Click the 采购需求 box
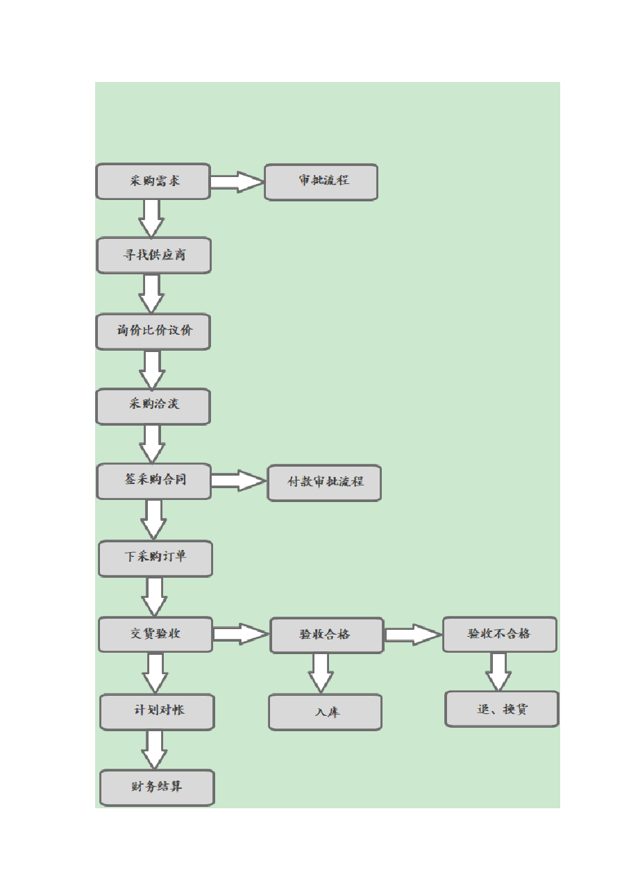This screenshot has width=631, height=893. click(x=153, y=181)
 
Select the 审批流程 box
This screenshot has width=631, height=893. click(x=321, y=182)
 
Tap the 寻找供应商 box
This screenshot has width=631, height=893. click(x=154, y=255)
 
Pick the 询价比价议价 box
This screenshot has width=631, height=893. click(x=153, y=332)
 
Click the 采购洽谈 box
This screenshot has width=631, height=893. click(x=153, y=406)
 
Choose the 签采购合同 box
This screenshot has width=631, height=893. click(x=154, y=481)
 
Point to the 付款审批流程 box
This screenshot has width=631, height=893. click(x=324, y=483)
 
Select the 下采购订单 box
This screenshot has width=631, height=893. click(x=155, y=558)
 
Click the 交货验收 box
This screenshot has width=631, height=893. click(x=155, y=634)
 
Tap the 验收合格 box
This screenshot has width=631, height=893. click(x=327, y=635)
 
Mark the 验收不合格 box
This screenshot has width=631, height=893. click(x=500, y=634)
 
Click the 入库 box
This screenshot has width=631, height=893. click(x=326, y=712)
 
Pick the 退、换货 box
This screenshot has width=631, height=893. click(x=502, y=709)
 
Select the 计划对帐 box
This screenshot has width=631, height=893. click(x=157, y=712)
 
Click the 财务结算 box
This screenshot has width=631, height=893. click(x=157, y=787)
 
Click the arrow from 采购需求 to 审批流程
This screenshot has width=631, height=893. click(x=237, y=182)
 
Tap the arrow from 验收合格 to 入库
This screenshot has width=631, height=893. click(x=321, y=674)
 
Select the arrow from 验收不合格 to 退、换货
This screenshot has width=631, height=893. click(x=498, y=671)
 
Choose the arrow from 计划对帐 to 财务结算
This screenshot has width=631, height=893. click(x=154, y=750)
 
